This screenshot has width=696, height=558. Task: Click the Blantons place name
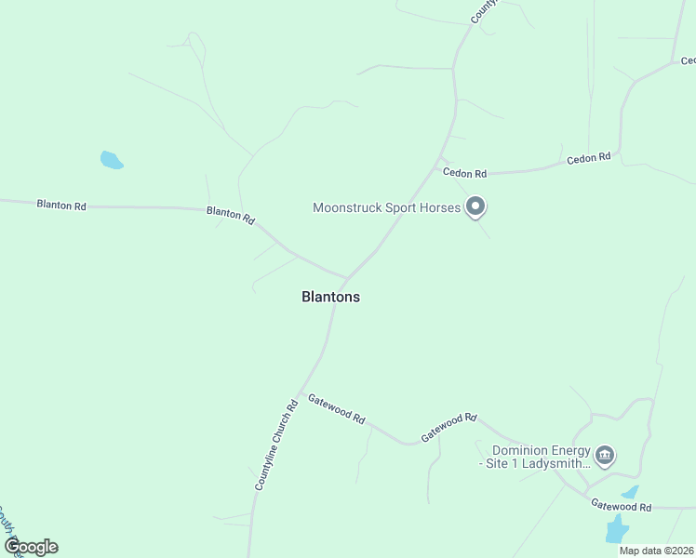tap(330, 298)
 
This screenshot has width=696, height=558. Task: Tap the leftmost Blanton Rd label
tap(61, 205)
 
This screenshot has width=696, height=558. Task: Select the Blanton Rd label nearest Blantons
tap(231, 215)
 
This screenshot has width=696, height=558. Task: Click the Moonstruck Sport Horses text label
tap(386, 207)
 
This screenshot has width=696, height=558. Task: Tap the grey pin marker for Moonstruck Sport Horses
tap(475, 206)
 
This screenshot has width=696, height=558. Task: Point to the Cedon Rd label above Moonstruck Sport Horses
tap(464, 173)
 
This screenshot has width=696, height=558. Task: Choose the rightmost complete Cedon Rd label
tap(588, 158)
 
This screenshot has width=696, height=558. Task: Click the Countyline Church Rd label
tap(276, 445)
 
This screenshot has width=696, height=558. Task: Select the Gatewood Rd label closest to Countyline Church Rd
tap(336, 407)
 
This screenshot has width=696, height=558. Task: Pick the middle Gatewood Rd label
tap(448, 427)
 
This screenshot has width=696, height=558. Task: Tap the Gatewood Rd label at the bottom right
tap(621, 506)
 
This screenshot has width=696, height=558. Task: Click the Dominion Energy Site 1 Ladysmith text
tap(534, 457)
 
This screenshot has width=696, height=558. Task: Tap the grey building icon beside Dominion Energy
tap(605, 455)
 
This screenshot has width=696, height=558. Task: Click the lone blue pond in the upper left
tap(111, 160)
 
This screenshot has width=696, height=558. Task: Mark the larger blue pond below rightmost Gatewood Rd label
tap(616, 531)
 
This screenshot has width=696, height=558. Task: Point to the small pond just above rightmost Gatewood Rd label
tap(630, 492)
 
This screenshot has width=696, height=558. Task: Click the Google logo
tap(31, 546)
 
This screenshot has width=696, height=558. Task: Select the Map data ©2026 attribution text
tap(656, 551)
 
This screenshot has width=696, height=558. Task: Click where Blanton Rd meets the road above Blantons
tap(346, 278)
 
